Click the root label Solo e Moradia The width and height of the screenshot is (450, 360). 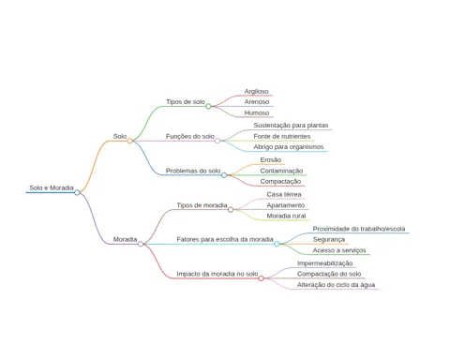coord(52,187)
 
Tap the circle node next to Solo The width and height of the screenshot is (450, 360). coord(129,141)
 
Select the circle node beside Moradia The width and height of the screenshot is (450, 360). coord(141,244)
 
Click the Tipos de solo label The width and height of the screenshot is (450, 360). coord(186,102)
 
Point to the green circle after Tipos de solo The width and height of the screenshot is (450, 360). coord(208,107)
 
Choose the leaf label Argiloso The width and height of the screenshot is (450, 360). coord(257,91)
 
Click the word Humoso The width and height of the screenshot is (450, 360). coord(257,112)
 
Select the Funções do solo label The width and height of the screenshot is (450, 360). coord(190,136)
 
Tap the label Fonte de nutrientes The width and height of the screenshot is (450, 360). coord(282,136)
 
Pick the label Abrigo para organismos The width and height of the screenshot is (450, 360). coord(289,147)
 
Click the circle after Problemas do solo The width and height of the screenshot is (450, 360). coord(224,175)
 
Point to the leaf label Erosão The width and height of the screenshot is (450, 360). coord(271,159)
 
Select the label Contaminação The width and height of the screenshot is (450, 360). coord(281,171)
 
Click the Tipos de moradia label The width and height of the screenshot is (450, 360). coord(202,205)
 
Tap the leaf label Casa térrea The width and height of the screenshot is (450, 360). coord(284,194)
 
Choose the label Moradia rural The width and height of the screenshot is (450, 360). coord(286,216)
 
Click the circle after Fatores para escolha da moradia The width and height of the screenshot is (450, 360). coord(277,244)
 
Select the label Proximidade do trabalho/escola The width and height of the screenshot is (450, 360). coord(359,229)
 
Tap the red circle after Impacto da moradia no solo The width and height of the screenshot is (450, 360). coord(262,278)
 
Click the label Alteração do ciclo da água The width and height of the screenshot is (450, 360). coord(336,285)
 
